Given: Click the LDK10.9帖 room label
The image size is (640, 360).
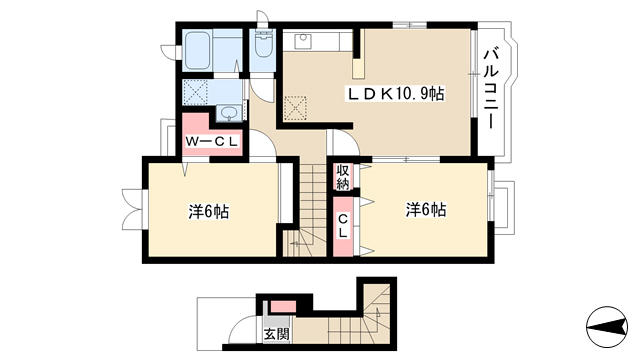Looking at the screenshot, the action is pos(395,94).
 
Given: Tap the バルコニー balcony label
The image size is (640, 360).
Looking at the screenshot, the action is pos(491,89).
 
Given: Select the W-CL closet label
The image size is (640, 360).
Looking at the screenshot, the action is pos(211,142).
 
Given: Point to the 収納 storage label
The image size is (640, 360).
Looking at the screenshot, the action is pos(343,177).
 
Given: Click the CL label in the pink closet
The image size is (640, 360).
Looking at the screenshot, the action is pos(343,226).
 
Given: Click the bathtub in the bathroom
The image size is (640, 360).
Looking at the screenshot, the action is pos(198,51).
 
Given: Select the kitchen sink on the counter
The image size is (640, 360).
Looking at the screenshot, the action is pos(303,41).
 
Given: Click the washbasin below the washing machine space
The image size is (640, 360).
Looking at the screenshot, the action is pos(229,112).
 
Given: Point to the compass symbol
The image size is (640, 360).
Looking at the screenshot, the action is pos(607,327).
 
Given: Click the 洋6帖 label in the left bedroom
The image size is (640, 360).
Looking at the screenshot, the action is pos(208,212).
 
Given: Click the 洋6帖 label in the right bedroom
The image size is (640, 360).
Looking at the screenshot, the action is pos(426,210).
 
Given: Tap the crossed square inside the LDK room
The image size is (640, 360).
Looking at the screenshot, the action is pos(295,108).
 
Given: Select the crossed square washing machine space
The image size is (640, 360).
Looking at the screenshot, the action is pos(196,92).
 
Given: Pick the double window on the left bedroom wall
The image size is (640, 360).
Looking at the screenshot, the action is pos(133,208).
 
